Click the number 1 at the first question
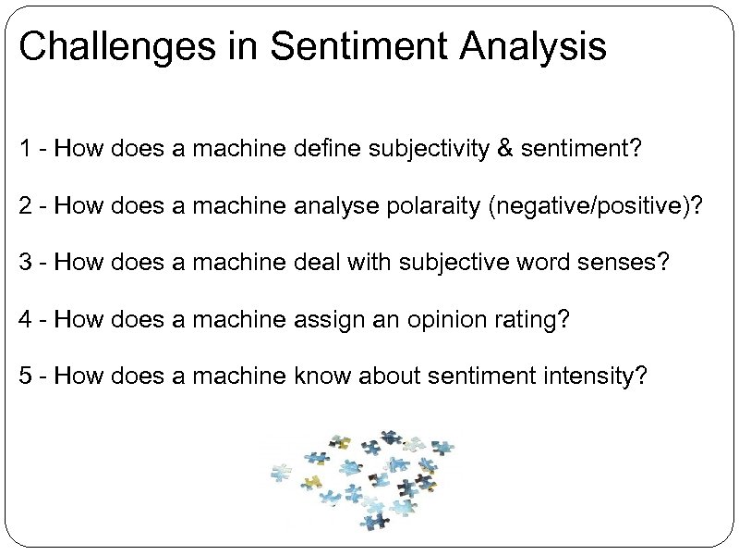[25, 150]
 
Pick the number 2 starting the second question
[25, 205]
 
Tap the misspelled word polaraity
[429, 205]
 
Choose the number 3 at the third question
[25, 263]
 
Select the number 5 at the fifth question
[25, 376]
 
